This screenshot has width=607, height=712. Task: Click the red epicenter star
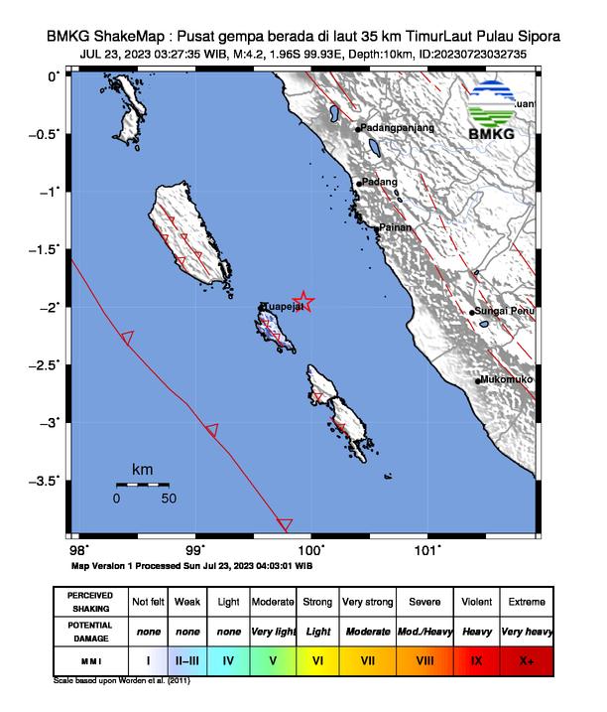click(304, 302)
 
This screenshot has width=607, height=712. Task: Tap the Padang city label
click(380, 182)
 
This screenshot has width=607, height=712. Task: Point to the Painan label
click(394, 227)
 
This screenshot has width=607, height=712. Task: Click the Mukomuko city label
click(506, 379)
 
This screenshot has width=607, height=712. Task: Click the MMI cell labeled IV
click(228, 659)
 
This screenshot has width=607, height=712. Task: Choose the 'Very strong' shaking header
click(368, 602)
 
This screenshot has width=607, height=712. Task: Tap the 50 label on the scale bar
click(168, 498)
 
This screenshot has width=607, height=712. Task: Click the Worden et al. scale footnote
click(120, 681)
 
